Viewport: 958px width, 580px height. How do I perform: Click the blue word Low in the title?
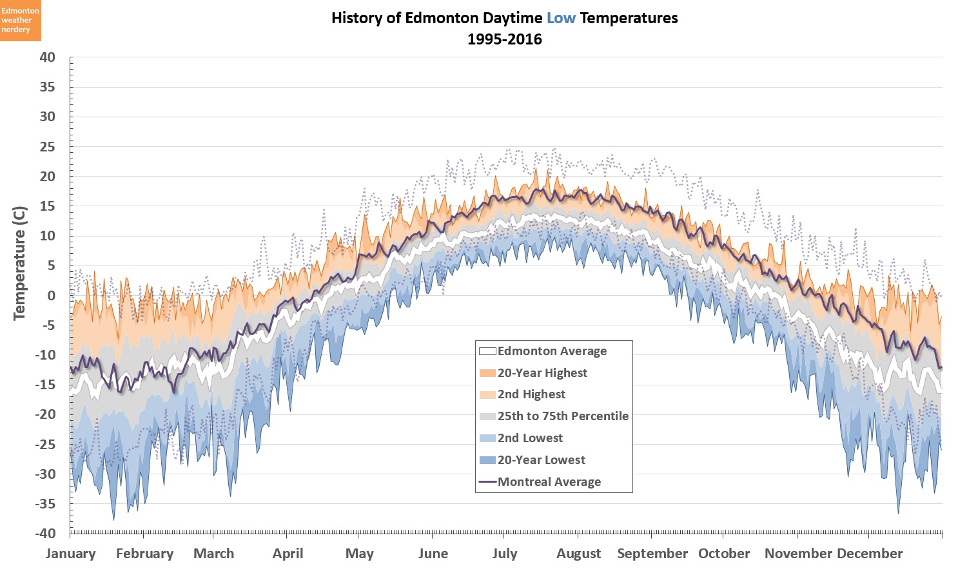point(561,18)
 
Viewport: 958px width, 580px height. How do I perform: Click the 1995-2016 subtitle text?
point(505,39)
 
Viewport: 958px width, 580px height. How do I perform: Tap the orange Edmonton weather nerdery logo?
point(20,21)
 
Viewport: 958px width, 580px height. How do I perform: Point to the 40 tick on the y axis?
point(47,57)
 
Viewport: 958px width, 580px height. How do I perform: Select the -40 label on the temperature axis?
point(44,533)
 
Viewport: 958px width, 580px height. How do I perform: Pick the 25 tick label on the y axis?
point(47,147)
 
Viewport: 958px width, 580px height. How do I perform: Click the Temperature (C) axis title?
point(19,263)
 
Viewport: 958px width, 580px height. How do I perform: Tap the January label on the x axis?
point(71,554)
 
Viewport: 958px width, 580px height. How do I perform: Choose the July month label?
point(505,554)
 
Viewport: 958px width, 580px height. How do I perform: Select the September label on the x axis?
point(652,554)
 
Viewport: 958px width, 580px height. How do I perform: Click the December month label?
point(870,554)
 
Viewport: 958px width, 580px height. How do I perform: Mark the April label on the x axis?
point(288,554)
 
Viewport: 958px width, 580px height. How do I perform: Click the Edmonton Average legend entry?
point(552,351)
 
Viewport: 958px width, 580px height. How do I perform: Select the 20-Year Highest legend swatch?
point(487,373)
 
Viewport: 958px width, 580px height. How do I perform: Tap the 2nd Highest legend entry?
point(531,394)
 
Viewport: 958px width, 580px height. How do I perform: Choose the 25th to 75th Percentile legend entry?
point(563,416)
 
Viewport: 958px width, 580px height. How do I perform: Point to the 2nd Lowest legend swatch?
point(487,438)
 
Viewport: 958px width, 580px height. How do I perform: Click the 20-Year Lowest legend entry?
point(542,460)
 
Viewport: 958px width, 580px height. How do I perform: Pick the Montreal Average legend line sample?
point(487,482)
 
